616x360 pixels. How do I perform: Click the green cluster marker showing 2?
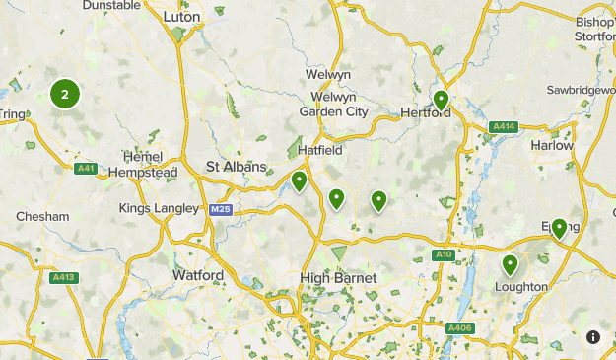[65, 95]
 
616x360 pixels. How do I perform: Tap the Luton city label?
[182, 17]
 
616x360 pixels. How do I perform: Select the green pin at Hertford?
[441, 100]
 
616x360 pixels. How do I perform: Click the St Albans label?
[236, 168]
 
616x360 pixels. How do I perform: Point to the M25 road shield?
[220, 210]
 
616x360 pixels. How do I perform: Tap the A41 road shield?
[86, 169]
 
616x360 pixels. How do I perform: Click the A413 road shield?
[63, 277]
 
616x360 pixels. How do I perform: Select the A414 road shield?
[503, 126]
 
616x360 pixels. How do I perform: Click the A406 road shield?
[459, 327]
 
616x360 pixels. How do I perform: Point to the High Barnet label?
[338, 279]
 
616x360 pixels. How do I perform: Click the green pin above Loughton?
[510, 263]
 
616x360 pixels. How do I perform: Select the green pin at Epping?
[559, 228]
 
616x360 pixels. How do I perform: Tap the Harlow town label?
[552, 145]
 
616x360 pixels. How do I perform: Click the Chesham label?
[42, 216]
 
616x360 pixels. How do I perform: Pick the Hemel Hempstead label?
[150, 165]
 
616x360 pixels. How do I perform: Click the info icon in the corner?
[593, 337]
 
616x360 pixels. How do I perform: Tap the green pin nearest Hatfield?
[299, 180]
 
